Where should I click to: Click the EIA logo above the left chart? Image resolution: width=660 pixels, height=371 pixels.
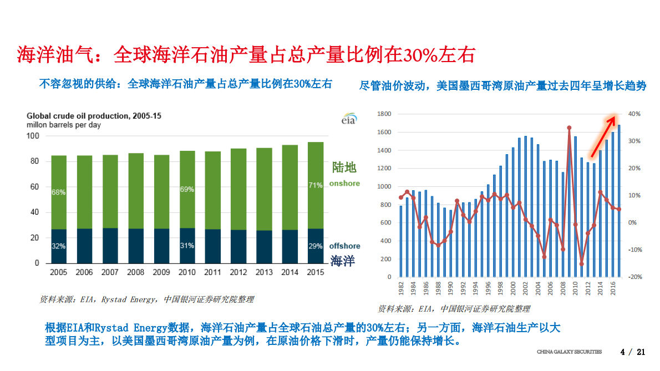coord(348,119)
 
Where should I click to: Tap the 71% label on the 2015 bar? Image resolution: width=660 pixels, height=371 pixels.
coord(316,185)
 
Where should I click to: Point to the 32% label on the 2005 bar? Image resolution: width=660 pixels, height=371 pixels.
coord(59,246)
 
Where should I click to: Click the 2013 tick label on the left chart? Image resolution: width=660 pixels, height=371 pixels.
coord(264,272)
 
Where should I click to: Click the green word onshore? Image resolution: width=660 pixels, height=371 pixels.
coord(344,184)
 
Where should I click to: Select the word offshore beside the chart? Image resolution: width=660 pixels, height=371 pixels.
coord(344,246)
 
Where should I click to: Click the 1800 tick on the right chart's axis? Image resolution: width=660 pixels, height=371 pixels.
coord(384,114)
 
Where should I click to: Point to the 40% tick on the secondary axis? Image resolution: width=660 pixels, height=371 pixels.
coord(634,114)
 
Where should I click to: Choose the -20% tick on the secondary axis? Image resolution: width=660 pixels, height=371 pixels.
coord(634,277)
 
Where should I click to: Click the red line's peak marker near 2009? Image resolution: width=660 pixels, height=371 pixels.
coord(569,128)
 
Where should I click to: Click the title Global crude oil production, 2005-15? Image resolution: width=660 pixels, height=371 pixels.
coord(94,116)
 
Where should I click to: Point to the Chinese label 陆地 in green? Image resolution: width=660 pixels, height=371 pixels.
coord(344,167)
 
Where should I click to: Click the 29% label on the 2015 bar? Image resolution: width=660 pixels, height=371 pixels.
coord(316,246)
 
